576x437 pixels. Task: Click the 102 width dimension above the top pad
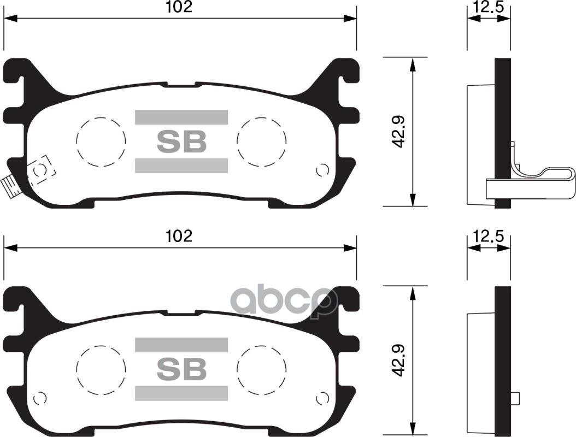[180, 7]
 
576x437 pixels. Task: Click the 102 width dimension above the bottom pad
[180, 237]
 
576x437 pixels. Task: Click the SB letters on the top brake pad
[181, 141]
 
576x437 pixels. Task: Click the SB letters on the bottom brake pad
[181, 370]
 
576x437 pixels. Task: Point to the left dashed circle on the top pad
[101, 141]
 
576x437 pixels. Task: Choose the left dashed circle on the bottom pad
[101, 369]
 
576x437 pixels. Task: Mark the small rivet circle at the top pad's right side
[322, 170]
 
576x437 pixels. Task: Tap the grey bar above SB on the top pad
[181, 117]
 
